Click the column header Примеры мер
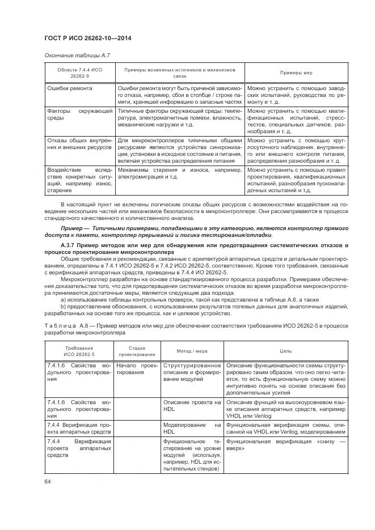pyautogui.click(x=296, y=73)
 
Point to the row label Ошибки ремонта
pyautogui.click(x=70, y=88)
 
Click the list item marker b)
pyautogui.click(x=63, y=307)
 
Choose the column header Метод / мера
pyautogui.click(x=192, y=351)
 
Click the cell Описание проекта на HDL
pyautogui.click(x=192, y=405)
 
